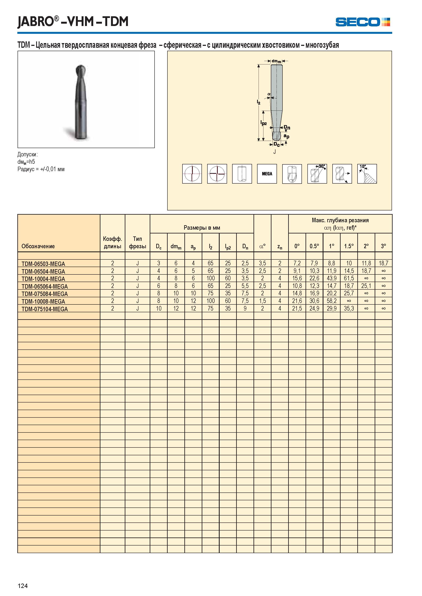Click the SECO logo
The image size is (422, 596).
click(363, 22)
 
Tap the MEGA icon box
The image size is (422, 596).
click(267, 174)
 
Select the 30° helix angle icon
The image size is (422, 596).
click(317, 174)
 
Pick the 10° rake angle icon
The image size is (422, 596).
click(367, 174)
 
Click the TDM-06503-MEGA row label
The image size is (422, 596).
click(43, 264)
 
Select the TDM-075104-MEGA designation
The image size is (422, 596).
click(45, 309)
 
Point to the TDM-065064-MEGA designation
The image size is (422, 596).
click(45, 286)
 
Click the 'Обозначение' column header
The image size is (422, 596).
click(38, 246)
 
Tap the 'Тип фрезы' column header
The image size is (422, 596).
click(137, 242)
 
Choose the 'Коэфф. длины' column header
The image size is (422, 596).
click(112, 242)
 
